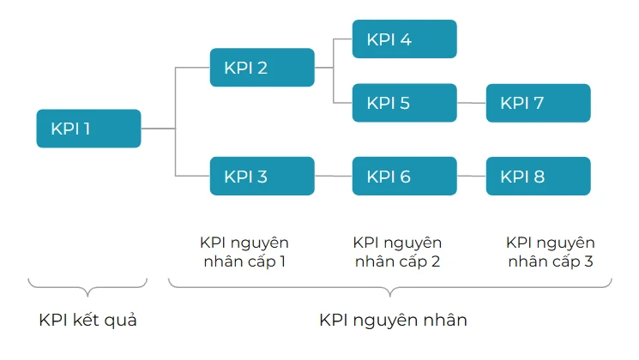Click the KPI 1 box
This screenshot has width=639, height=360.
88,129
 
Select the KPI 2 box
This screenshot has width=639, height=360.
262,67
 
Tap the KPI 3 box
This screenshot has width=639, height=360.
262,177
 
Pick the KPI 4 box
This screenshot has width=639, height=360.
404,39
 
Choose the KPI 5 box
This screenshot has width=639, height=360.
404,103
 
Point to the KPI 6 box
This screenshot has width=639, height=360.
404,177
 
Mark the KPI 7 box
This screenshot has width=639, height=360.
538,103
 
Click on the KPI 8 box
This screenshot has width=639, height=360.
538,177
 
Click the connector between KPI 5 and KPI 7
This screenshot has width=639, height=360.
471,103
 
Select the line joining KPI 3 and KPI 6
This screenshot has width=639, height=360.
333,177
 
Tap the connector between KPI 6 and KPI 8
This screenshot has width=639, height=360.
471,177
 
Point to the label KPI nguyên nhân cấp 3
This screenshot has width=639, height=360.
550,252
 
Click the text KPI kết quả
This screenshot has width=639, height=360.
88,321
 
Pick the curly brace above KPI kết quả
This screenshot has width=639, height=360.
88,287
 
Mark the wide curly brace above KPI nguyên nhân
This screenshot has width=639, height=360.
390,287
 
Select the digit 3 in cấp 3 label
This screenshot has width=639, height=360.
588,261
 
